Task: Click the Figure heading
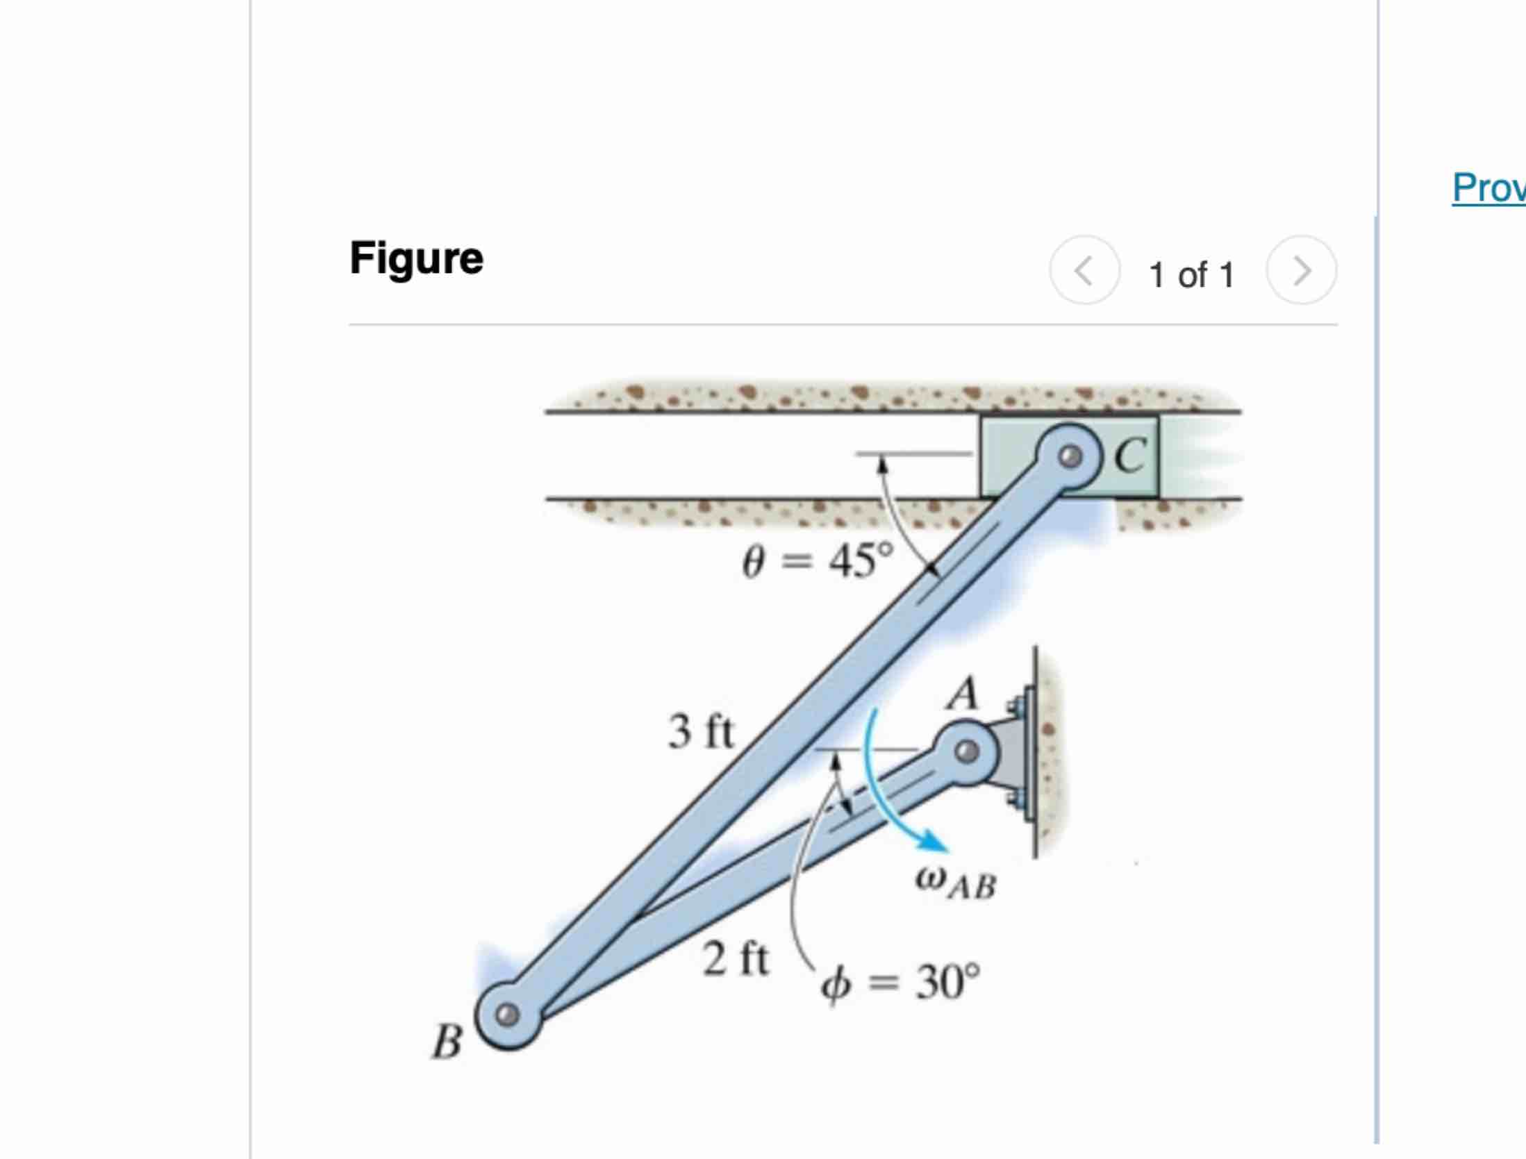416,258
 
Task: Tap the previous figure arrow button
1084,270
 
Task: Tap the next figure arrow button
1301,270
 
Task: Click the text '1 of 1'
1191,274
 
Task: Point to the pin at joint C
1070,457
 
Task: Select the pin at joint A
966,751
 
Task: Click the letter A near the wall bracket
963,694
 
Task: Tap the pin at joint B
508,1015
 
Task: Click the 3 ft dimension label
700,731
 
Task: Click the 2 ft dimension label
735,959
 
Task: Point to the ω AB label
956,884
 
